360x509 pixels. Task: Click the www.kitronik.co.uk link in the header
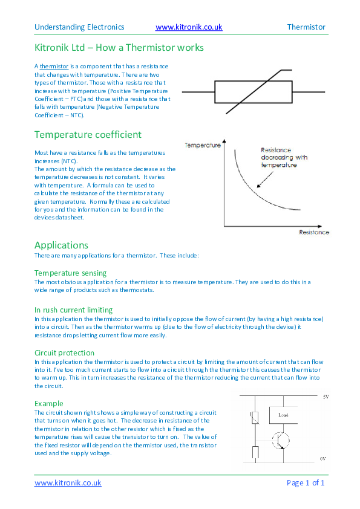tap(189, 27)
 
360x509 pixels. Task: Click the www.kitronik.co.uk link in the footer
tap(68, 483)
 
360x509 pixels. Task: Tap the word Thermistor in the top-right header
tap(306, 27)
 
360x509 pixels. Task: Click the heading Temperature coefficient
tap(88, 134)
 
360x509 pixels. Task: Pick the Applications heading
tap(62, 245)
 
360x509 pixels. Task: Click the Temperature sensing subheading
tap(70, 273)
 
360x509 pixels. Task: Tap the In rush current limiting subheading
tap(73, 310)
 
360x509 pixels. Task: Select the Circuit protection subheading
tap(64, 352)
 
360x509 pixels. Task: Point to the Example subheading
tap(49, 403)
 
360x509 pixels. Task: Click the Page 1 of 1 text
tap(305, 483)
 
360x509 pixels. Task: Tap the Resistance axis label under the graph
tap(314, 232)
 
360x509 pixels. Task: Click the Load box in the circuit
tap(283, 415)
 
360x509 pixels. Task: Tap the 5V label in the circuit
tap(324, 397)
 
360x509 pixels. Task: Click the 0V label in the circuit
tap(324, 459)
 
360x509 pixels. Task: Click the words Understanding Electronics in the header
tap(79, 27)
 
